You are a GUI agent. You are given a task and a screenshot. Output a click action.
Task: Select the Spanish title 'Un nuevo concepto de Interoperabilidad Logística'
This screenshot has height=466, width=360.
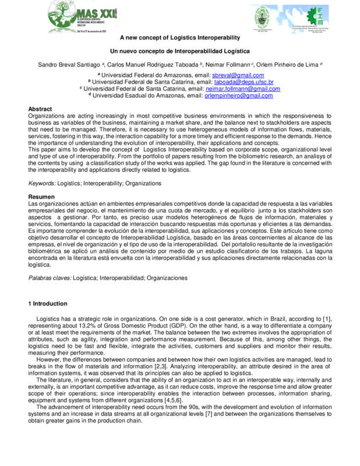[x=180, y=52]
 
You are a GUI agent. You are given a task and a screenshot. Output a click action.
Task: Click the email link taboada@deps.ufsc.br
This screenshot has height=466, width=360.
[x=248, y=82]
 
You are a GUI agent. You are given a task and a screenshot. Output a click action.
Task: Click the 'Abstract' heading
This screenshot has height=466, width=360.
[x=40, y=109]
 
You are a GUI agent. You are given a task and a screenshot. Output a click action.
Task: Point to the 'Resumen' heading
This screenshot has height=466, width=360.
[x=41, y=197]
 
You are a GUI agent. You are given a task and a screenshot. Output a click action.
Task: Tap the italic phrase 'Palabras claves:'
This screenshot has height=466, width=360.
[x=50, y=278]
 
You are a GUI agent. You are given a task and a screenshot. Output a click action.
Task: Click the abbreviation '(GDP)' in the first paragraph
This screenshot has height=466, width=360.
[x=185, y=327]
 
